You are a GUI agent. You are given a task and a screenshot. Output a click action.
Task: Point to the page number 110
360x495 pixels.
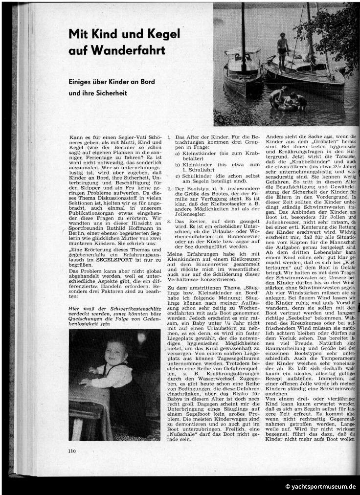click(73, 451)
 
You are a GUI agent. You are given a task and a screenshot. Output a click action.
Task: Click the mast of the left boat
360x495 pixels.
click(243, 34)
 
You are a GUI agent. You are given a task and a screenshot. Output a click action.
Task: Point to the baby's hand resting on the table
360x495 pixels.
click(84, 382)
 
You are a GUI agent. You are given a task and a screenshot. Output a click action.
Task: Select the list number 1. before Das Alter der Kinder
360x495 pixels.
click(169, 138)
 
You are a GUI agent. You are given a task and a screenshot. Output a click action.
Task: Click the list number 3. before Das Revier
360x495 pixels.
click(169, 222)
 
